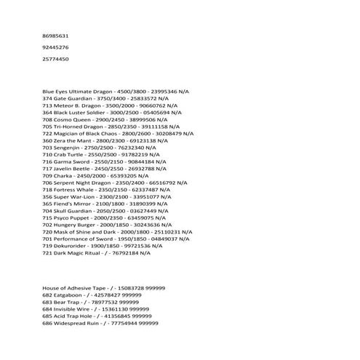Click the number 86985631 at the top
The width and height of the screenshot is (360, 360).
click(56, 36)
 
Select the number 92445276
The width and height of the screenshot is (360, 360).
click(56, 47)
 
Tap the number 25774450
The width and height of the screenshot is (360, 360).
click(56, 59)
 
